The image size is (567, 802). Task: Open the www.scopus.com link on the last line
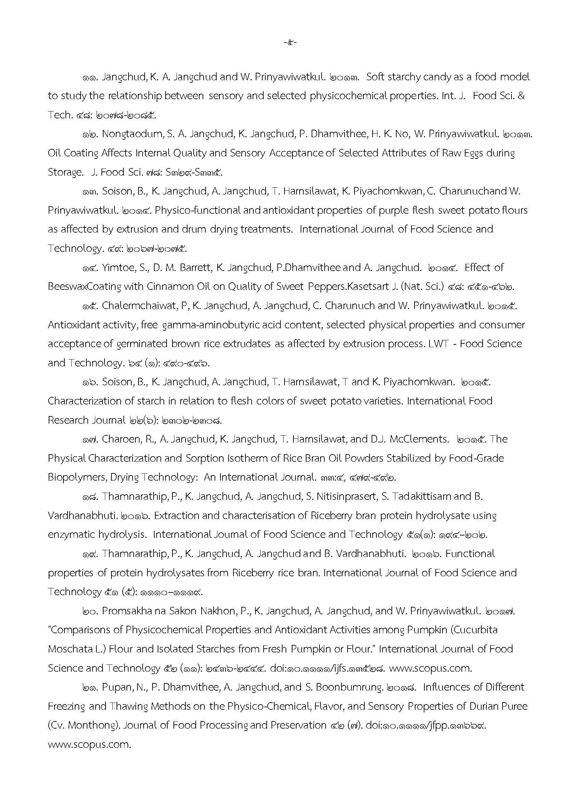coord(89,744)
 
